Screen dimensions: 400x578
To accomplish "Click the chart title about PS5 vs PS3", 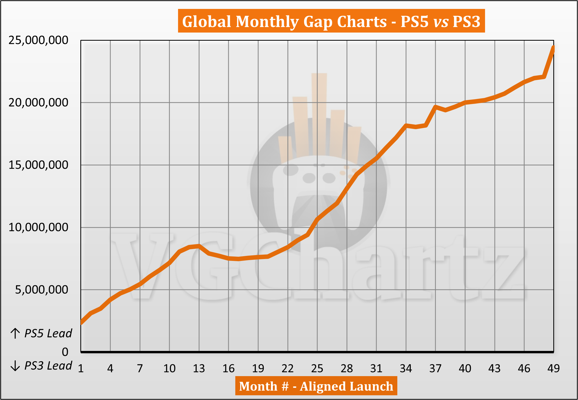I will (x=331, y=21).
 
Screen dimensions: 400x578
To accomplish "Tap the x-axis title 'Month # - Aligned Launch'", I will (x=316, y=386).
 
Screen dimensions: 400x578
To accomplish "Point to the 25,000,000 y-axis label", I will (x=38, y=40).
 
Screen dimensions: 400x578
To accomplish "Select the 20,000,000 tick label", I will (x=38, y=102).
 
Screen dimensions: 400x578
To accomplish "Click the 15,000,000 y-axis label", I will (x=38, y=165).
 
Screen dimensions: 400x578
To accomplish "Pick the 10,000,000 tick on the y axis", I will (x=38, y=227).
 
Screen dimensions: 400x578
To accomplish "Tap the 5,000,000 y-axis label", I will (x=41, y=290).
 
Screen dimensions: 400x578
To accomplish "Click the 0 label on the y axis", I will (x=65, y=352).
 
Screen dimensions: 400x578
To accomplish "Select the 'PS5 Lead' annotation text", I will (x=48, y=333).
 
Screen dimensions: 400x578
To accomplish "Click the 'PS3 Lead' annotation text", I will (x=48, y=366).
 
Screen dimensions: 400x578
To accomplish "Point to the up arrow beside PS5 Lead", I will (x=15, y=333).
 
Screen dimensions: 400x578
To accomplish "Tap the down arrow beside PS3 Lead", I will (x=15, y=366).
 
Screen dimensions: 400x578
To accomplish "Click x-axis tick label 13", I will (x=199, y=369).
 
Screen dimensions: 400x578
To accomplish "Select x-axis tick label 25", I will (x=317, y=369).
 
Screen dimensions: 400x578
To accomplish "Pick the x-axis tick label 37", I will (x=435, y=369).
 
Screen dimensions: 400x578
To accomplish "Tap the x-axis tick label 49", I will (x=553, y=369).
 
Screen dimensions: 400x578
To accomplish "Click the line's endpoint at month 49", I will (x=553, y=47).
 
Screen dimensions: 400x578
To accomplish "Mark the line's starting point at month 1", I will (x=81, y=323).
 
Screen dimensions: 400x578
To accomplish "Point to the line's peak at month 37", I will (x=435, y=107).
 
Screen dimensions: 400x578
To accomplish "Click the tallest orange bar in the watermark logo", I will (x=319, y=113).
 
